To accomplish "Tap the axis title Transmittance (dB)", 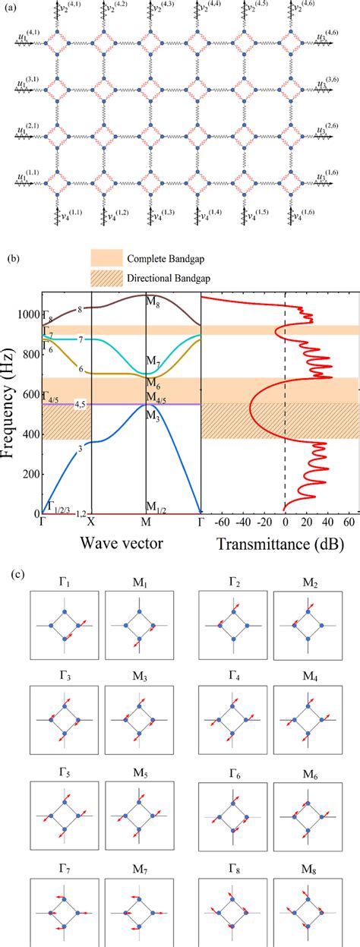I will click(x=277, y=544).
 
